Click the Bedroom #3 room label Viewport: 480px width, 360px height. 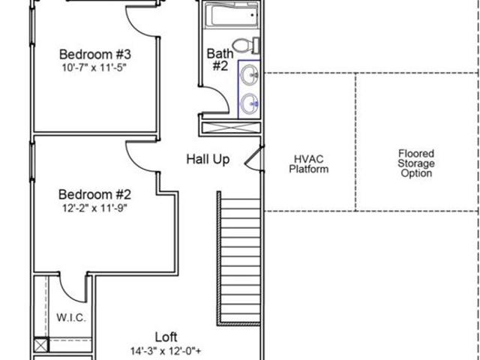click(95, 55)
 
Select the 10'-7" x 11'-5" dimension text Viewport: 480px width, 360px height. click(94, 67)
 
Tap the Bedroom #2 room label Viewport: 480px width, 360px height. click(95, 195)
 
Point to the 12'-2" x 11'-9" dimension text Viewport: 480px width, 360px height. click(94, 208)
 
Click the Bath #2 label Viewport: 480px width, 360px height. click(220, 60)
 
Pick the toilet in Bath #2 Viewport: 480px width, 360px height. click(246, 46)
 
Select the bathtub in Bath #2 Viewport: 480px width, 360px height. click(232, 15)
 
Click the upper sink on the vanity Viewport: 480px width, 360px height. click(250, 74)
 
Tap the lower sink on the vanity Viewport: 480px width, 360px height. click(250, 103)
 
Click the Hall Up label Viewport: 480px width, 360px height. click(208, 160)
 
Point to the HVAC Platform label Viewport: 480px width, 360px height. click(308, 164)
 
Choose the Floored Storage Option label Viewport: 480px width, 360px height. click(416, 163)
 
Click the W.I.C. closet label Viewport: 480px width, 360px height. click(71, 317)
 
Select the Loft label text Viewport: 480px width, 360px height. click(166, 337)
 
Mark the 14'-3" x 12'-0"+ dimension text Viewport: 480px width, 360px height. click(166, 351)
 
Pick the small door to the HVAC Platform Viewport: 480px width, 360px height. click(253, 157)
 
